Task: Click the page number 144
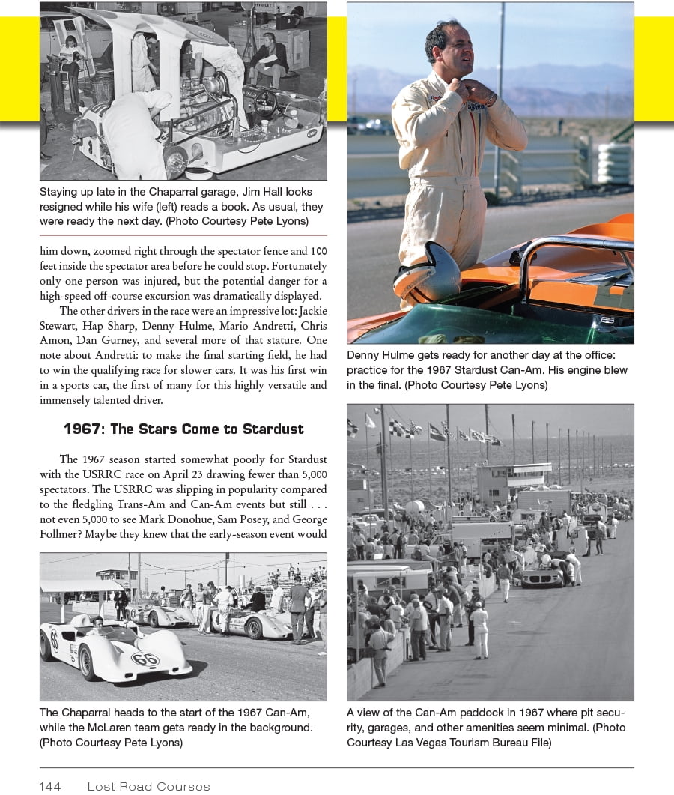click(x=50, y=786)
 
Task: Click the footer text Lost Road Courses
click(x=148, y=786)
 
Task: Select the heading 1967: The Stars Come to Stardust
click(x=183, y=429)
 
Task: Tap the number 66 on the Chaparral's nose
click(x=144, y=659)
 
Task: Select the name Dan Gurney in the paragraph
click(x=102, y=340)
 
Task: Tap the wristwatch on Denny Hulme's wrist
click(x=491, y=98)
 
